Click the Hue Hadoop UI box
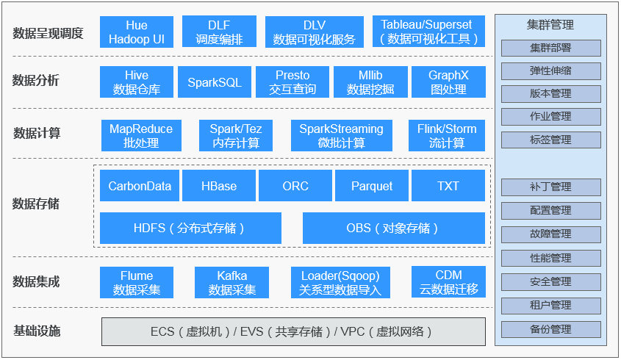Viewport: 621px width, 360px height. (x=136, y=32)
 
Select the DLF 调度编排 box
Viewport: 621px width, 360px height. (x=218, y=32)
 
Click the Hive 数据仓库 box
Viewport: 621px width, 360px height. (x=136, y=82)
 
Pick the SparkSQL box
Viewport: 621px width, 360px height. (x=215, y=82)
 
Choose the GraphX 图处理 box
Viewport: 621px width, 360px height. (x=448, y=82)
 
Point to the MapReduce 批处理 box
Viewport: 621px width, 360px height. (x=140, y=136)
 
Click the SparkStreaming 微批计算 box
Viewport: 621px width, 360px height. (x=341, y=136)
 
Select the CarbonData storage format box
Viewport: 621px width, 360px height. (x=139, y=186)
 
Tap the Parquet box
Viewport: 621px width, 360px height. (x=371, y=186)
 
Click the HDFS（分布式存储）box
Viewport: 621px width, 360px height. (x=190, y=228)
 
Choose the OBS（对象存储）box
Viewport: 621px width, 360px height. (x=393, y=228)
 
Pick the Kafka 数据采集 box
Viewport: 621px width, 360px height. (x=231, y=282)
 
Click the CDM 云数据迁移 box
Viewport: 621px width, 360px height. (x=448, y=282)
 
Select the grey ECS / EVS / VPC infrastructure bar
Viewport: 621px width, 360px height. (x=292, y=331)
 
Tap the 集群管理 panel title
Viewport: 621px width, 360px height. (x=550, y=25)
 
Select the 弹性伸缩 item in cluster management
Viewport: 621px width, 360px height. (x=550, y=71)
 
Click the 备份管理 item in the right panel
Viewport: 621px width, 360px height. (x=550, y=329)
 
